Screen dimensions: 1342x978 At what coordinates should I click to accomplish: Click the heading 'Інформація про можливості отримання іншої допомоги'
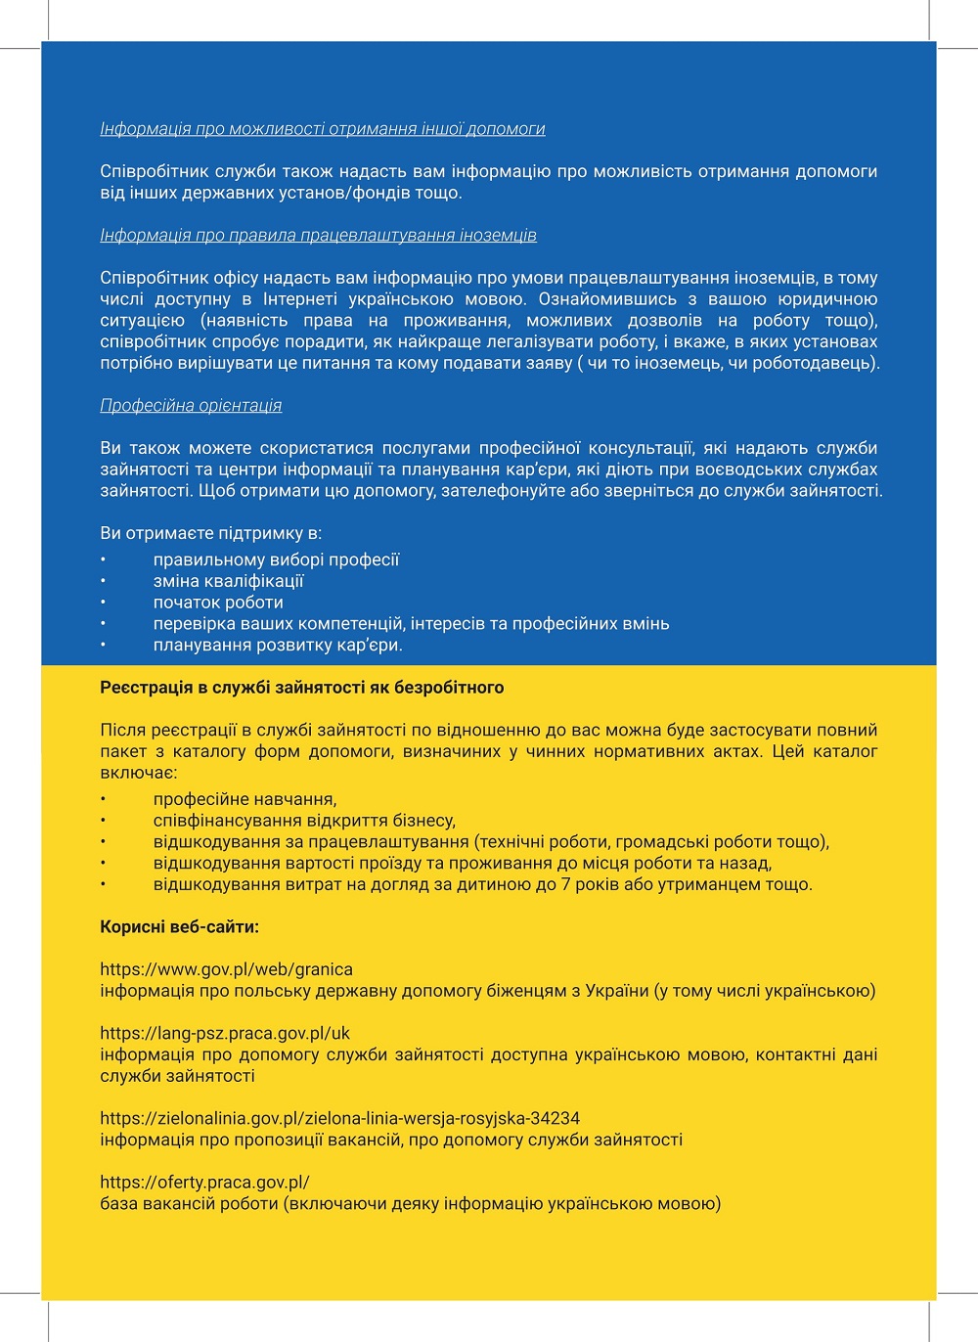(x=323, y=129)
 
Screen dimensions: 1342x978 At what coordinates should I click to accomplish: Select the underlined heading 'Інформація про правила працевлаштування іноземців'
(x=318, y=236)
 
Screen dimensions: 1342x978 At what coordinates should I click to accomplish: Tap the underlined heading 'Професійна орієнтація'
(x=191, y=406)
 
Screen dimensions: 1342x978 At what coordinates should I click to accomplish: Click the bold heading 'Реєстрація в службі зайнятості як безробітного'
(x=301, y=688)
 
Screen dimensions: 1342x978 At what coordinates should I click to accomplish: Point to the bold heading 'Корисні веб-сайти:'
(x=179, y=926)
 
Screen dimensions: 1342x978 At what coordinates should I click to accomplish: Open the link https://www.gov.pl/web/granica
(x=226, y=969)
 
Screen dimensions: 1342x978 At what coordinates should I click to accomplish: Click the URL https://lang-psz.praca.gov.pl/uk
(x=225, y=1033)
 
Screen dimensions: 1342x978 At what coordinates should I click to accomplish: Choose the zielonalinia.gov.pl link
(x=339, y=1118)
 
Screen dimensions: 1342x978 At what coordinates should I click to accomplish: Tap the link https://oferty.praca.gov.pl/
(x=204, y=1182)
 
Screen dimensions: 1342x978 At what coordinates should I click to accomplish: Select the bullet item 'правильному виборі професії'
(x=276, y=559)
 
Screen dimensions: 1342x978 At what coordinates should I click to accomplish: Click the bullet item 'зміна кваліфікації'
(x=228, y=581)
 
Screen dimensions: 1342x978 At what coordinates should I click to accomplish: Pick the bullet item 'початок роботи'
(x=218, y=603)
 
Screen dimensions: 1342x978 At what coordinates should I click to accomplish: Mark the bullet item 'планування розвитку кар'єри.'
(x=278, y=646)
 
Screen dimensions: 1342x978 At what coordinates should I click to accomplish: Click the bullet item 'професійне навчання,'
(x=244, y=799)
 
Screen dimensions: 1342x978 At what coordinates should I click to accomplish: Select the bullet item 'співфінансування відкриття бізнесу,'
(x=304, y=821)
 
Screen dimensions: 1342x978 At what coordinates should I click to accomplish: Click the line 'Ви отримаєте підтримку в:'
(x=210, y=534)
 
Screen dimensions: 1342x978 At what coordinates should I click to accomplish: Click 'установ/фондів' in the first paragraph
(x=346, y=193)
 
